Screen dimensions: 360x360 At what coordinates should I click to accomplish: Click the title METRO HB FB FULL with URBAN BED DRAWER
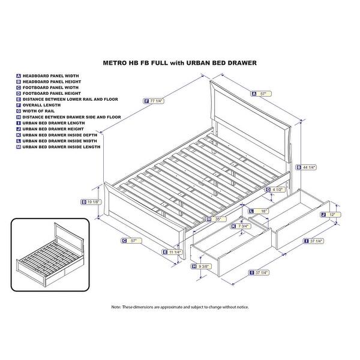pos(180,62)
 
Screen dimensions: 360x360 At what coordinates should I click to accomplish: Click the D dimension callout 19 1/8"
pos(91,202)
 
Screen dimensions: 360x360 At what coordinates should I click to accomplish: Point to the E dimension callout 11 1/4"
pos(173,252)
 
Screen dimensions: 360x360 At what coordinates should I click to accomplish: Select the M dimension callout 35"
pos(215,219)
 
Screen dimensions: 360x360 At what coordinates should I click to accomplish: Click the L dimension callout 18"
pos(260,211)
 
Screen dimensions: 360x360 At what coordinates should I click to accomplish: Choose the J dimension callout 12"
pos(330,214)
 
